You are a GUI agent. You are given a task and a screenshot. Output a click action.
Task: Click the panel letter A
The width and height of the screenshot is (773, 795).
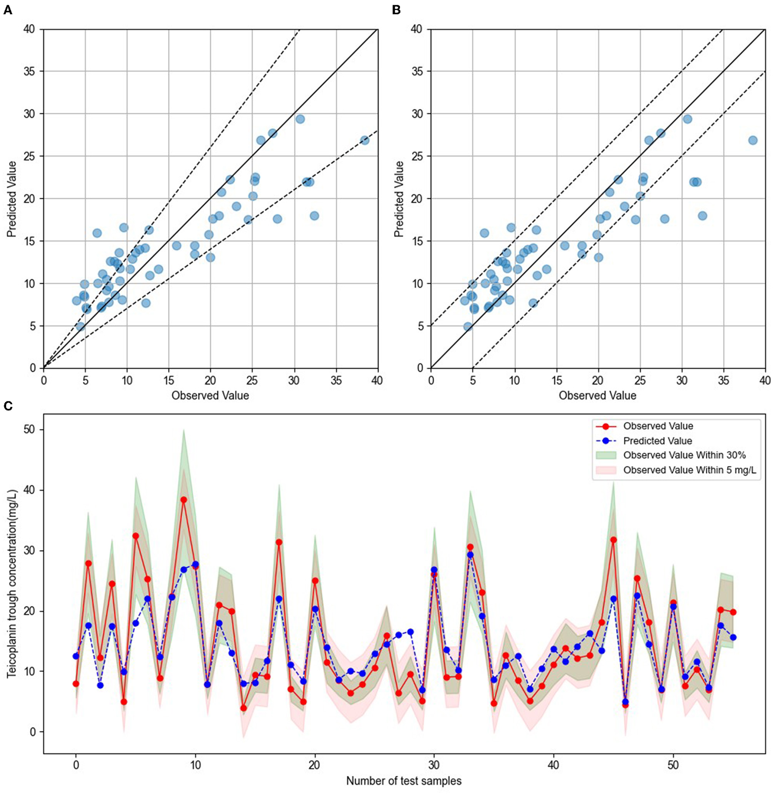click(7, 10)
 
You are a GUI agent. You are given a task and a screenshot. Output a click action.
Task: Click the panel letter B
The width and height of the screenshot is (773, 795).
click(396, 10)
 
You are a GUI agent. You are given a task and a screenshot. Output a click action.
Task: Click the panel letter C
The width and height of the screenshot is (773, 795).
click(8, 406)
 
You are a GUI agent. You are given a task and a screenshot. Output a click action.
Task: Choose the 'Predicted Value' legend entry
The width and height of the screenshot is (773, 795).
click(657, 441)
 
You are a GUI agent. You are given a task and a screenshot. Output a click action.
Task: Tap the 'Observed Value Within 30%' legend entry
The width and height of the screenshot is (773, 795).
click(684, 455)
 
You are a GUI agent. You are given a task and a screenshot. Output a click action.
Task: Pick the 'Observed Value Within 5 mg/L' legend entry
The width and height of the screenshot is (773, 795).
click(689, 470)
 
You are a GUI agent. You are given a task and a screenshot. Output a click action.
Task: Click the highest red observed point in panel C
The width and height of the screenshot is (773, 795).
click(184, 500)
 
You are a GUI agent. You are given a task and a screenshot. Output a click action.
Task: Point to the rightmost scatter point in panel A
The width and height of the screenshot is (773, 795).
click(365, 140)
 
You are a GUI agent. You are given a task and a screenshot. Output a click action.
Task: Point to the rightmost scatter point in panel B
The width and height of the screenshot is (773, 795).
click(752, 140)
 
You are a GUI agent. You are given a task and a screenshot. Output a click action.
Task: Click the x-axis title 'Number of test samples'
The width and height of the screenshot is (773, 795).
click(404, 781)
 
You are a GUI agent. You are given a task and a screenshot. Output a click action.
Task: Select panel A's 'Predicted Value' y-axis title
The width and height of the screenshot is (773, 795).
click(12, 199)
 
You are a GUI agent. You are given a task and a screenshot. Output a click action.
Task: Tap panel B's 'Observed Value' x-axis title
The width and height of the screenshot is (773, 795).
click(597, 395)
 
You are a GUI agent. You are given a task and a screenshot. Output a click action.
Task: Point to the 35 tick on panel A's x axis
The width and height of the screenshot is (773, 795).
click(336, 381)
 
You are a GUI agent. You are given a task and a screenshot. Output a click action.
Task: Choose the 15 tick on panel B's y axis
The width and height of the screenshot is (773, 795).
click(417, 241)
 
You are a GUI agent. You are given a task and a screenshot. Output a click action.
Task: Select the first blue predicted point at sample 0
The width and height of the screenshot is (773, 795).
click(76, 656)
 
